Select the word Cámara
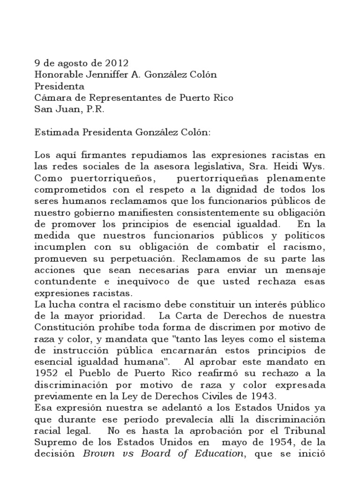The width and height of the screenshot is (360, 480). click(51, 98)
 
